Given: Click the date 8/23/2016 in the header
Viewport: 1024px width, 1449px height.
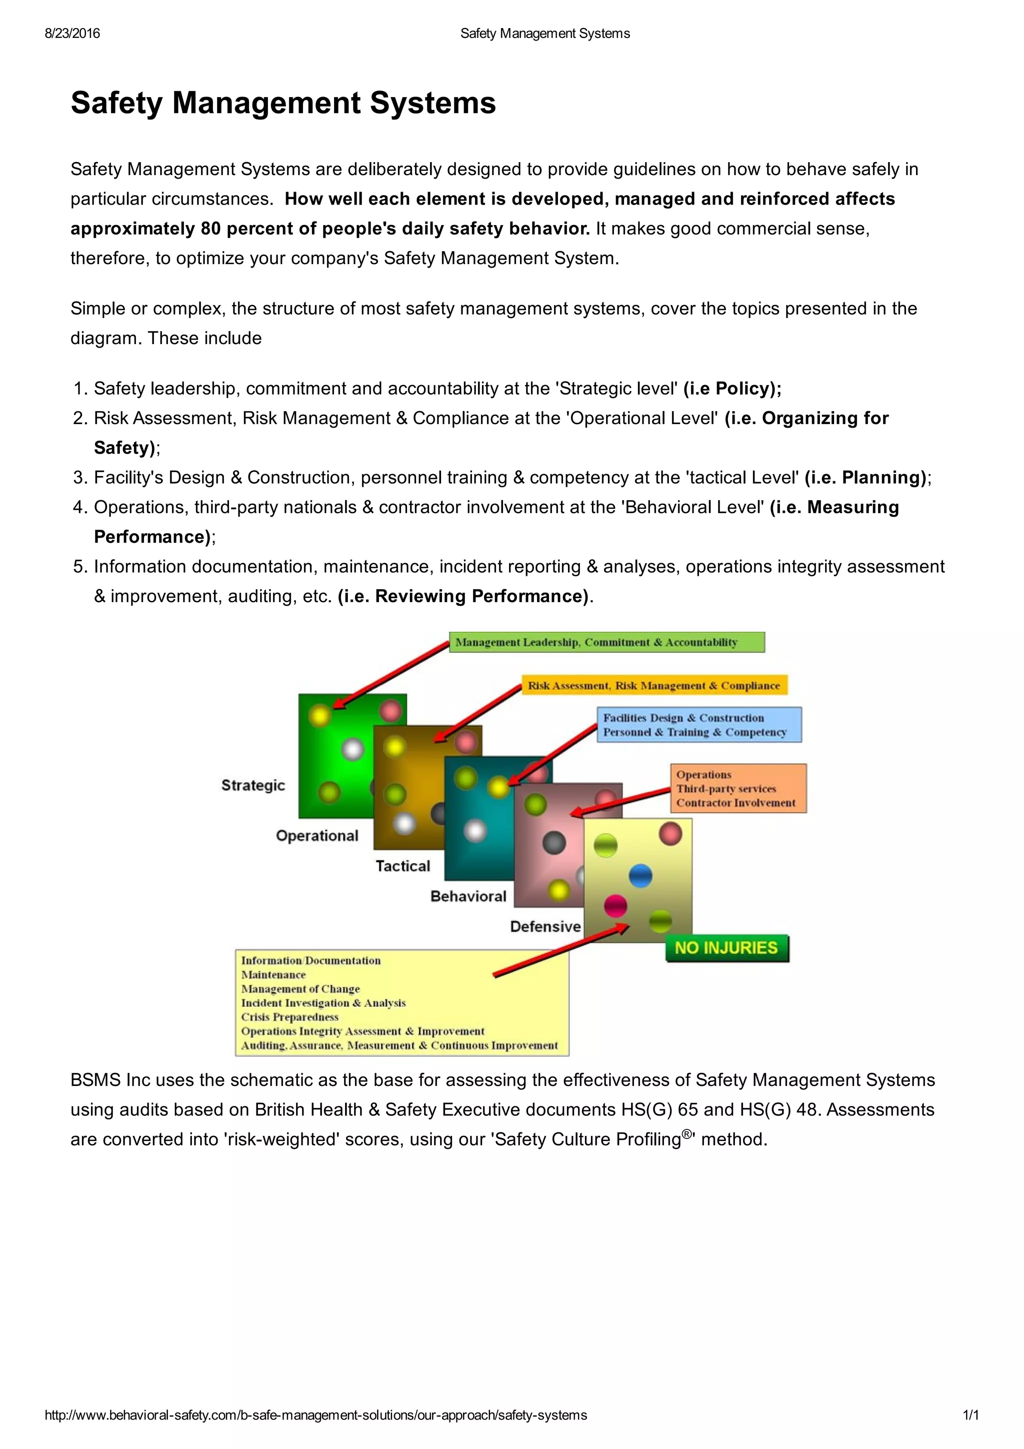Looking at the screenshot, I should [72, 34].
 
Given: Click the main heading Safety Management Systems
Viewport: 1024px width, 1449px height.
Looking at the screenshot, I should [283, 103].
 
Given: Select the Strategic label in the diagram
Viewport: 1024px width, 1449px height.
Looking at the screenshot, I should [253, 785].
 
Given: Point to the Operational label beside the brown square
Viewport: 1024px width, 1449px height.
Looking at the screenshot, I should [316, 836].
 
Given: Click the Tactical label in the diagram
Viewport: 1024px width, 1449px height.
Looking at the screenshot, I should [402, 866].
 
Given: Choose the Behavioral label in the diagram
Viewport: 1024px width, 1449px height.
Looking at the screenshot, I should [468, 896].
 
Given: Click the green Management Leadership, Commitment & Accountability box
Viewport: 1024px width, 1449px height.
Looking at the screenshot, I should [606, 642].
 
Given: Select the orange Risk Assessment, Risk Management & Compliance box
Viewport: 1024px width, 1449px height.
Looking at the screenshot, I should [654, 685].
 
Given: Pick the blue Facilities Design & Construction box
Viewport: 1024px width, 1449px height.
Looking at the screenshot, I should [698, 724].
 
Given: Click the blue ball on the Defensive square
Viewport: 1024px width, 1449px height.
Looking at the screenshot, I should [640, 876].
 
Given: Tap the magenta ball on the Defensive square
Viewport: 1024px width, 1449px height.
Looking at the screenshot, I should [615, 906].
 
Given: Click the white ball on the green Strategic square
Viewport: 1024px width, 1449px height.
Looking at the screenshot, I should [352, 749].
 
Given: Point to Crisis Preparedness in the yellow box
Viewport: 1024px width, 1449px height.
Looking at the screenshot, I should [289, 1017].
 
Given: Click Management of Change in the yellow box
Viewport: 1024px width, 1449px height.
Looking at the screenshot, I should [300, 989].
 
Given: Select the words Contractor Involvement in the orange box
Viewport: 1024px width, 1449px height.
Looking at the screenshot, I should [735, 803].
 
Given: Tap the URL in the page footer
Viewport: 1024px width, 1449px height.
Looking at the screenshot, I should [315, 1415].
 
